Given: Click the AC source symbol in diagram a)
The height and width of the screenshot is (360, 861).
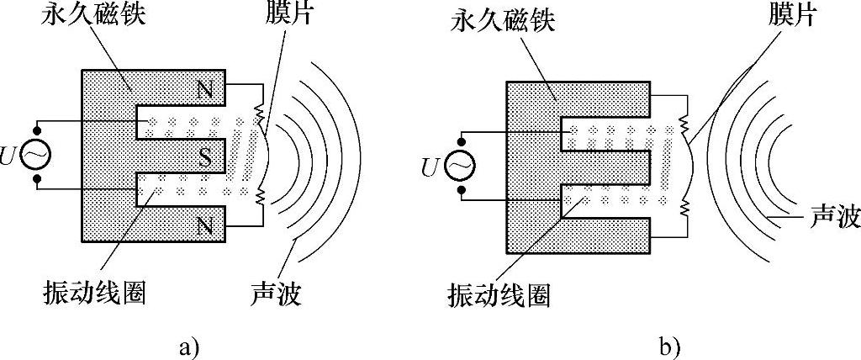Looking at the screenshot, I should tap(37, 155).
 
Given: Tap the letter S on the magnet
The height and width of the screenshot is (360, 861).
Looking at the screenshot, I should tap(204, 155).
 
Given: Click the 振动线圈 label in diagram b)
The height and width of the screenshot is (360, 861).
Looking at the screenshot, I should tap(499, 295).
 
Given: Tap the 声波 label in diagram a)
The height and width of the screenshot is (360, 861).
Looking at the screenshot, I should tap(275, 294).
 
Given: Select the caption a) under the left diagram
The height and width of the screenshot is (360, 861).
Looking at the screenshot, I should tap(187, 344).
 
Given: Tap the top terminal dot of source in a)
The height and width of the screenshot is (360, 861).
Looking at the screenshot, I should tap(37, 130).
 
